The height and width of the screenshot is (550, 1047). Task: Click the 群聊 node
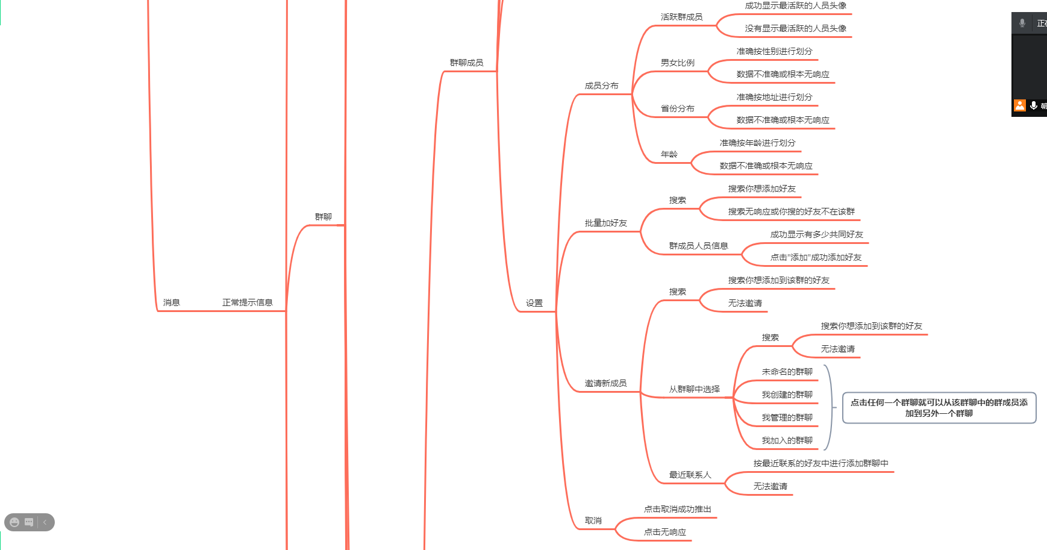coord(323,217)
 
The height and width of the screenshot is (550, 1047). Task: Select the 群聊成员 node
coord(466,63)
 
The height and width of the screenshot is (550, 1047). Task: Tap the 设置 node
coord(534,303)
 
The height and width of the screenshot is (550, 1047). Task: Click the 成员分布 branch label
coord(601,86)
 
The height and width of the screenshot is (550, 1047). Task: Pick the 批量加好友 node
coord(605,223)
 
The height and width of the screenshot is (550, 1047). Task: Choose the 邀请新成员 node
coord(605,383)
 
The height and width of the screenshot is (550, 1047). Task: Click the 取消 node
coord(593,520)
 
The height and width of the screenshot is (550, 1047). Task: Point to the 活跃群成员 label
coord(681,17)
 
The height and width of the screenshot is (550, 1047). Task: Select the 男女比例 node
coord(677,63)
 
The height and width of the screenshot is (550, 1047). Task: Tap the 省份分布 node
coord(677,108)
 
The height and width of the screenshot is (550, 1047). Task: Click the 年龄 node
coord(669,154)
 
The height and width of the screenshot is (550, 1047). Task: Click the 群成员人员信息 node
coord(698,246)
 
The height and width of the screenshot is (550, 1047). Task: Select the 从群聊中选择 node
coord(694,389)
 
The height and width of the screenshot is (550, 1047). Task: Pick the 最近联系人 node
coord(690,475)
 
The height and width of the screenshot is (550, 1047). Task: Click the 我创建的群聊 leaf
coord(787,395)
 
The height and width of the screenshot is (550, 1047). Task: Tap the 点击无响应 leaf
coord(664,532)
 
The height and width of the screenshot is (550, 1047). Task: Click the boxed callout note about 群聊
coord(939,408)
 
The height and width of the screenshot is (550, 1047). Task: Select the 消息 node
coord(171,302)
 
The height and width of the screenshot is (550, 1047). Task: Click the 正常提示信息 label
coord(247,302)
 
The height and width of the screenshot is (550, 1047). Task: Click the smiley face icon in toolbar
coord(14,522)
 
